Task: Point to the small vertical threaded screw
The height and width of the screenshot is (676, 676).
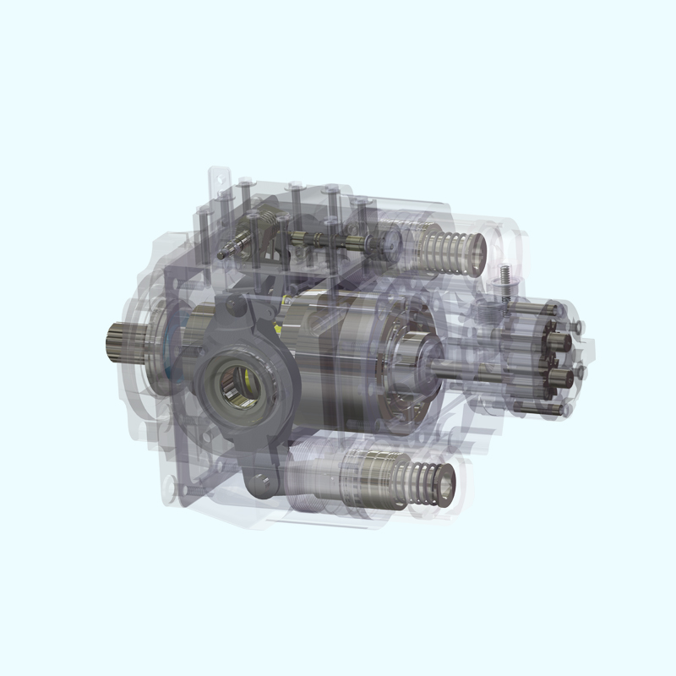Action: pyautogui.click(x=503, y=279)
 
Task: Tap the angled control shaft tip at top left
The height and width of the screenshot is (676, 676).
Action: pyautogui.click(x=221, y=252)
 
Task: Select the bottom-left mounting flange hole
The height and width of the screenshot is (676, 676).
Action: pyautogui.click(x=173, y=486)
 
